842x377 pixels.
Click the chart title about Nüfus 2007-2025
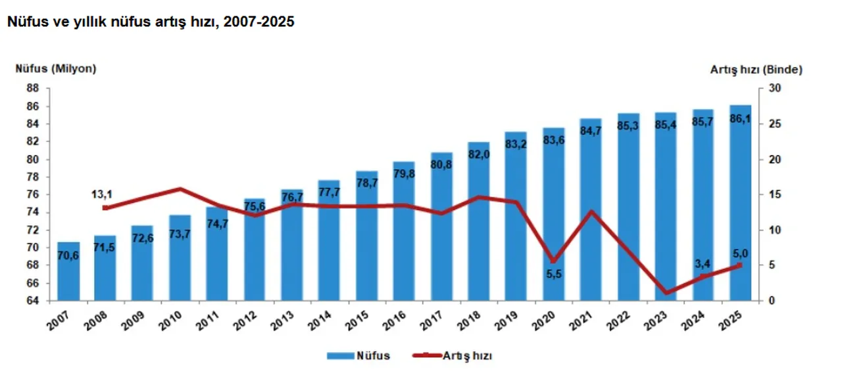(150, 22)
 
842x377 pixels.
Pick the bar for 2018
(480, 223)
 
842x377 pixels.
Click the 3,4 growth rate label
(703, 263)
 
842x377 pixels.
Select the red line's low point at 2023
(667, 292)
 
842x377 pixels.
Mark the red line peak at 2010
(181, 189)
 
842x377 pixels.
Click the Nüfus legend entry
(359, 355)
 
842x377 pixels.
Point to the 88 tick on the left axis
(32, 89)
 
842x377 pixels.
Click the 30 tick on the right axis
(773, 89)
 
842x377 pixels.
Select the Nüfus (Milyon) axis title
(57, 68)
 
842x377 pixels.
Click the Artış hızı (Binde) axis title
(756, 68)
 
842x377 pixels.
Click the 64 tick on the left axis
(32, 301)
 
